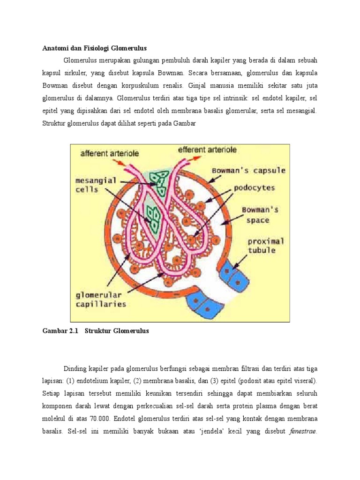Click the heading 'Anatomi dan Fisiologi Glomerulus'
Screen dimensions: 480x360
(95, 48)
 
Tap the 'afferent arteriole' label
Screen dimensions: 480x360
(110, 153)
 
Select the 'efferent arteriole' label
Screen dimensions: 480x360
(208, 150)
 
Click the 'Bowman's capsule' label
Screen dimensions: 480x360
(248, 170)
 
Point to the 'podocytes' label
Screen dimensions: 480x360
(255, 188)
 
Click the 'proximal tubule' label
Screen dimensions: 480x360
(266, 246)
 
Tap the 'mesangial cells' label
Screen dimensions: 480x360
(94, 184)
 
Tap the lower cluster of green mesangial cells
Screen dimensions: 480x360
(153, 217)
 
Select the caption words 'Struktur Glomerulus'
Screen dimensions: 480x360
(117, 331)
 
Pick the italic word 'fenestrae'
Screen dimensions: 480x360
(302, 430)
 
